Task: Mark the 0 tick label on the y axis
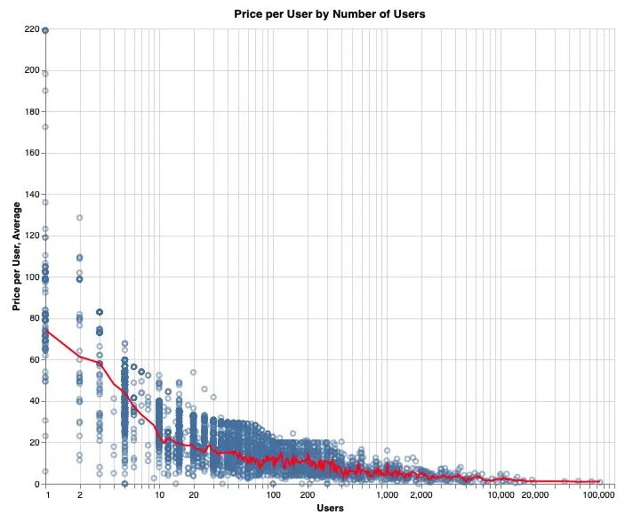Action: [35, 485]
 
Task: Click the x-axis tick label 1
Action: [45, 495]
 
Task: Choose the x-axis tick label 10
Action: [159, 495]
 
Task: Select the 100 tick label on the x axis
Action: [273, 495]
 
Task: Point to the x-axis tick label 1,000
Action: [387, 495]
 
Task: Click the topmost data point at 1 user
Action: [45, 29]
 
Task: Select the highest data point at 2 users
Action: [79, 217]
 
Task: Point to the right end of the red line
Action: [601, 481]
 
